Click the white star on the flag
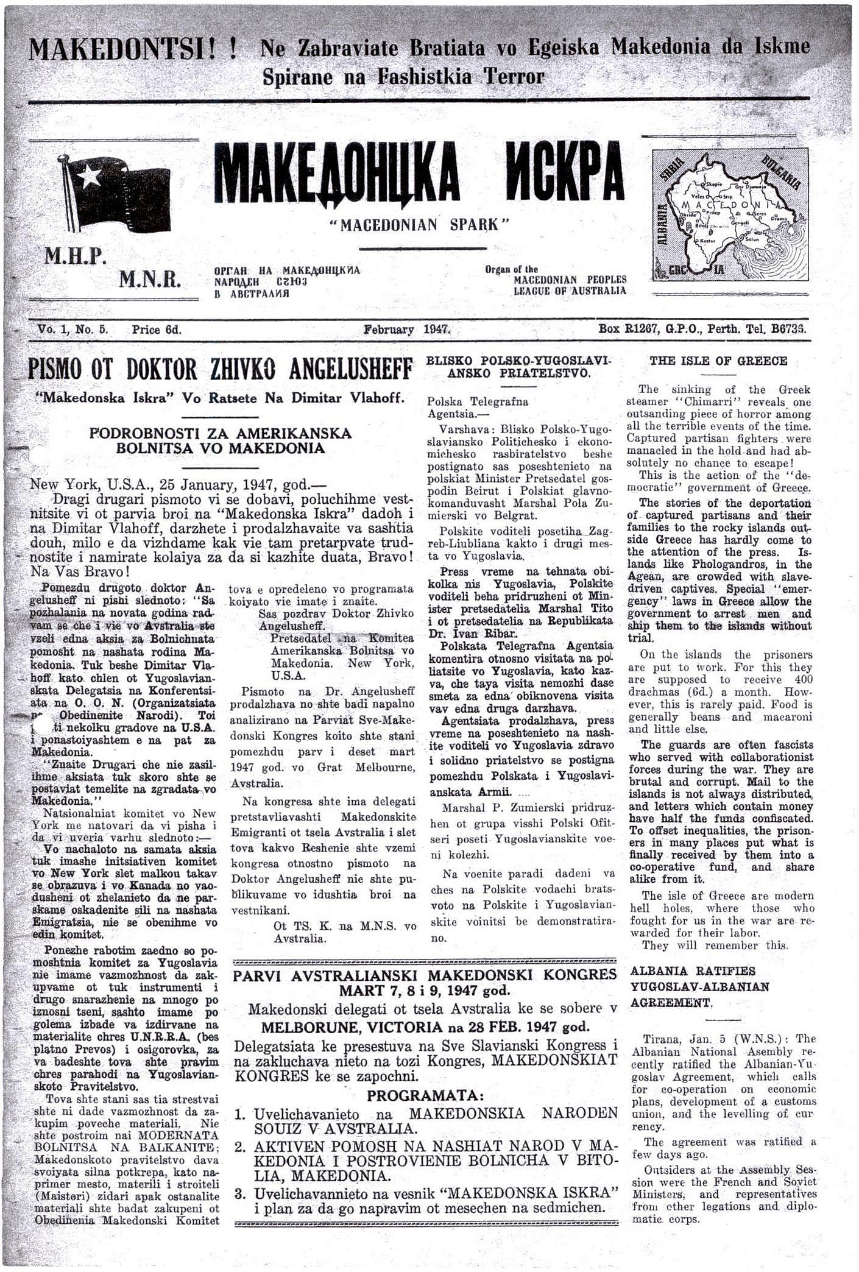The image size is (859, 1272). [x=90, y=176]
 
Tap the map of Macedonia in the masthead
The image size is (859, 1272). [x=731, y=215]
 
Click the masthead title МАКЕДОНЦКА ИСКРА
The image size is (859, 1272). [x=420, y=176]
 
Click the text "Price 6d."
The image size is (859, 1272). [x=157, y=330]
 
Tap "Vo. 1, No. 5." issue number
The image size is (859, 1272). [x=73, y=330]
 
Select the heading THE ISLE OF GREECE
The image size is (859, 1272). [x=718, y=361]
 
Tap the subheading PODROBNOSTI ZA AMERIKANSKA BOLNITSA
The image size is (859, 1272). [x=221, y=441]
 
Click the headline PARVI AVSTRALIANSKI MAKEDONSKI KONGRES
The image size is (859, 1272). [x=425, y=975]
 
